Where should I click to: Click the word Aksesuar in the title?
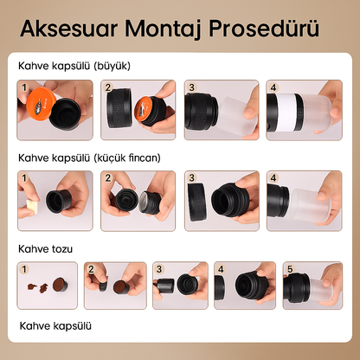[x=69, y=29]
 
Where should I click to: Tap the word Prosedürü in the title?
[x=264, y=29]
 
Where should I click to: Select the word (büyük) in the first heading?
[x=112, y=66]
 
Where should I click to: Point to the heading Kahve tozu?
[x=45, y=249]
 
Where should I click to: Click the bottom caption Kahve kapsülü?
[x=55, y=326]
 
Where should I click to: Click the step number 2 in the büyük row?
[x=108, y=87]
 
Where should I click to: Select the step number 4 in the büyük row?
[x=273, y=87]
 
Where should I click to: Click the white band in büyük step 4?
[x=286, y=112]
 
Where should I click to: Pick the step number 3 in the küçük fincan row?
[x=191, y=177]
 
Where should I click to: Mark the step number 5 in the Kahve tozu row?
[x=290, y=269]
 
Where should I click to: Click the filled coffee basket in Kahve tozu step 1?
[x=61, y=285]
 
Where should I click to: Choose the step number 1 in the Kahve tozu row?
[x=24, y=269]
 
